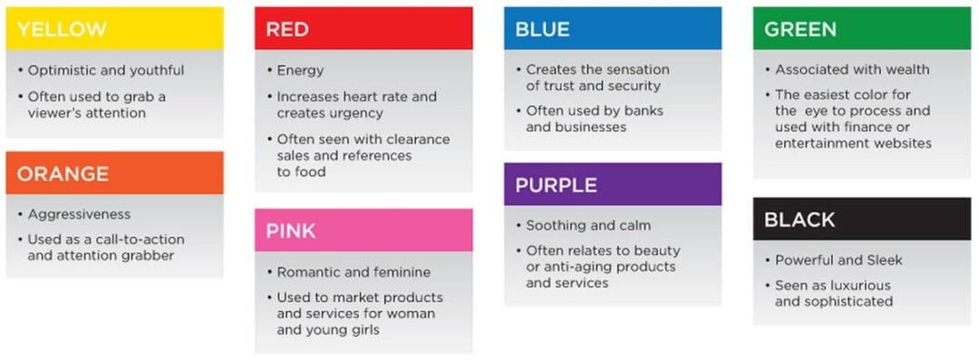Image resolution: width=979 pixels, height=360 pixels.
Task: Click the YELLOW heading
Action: point(62,29)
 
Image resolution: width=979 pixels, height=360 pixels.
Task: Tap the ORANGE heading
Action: point(63,173)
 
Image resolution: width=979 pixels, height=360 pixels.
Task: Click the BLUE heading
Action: point(542,29)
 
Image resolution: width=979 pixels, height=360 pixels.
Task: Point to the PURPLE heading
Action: point(556,185)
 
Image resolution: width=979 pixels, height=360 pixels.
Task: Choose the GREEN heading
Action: point(800,29)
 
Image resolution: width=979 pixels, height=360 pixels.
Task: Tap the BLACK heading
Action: point(800,219)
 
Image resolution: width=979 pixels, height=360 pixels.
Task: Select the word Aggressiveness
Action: point(80,215)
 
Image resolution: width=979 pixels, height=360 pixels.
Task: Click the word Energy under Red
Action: point(300,71)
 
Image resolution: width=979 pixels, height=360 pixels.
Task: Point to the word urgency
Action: point(354,113)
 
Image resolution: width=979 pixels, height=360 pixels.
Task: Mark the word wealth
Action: point(906,70)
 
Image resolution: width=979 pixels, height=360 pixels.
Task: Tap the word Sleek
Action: point(883,260)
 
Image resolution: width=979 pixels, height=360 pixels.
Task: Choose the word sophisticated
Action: point(848,302)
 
